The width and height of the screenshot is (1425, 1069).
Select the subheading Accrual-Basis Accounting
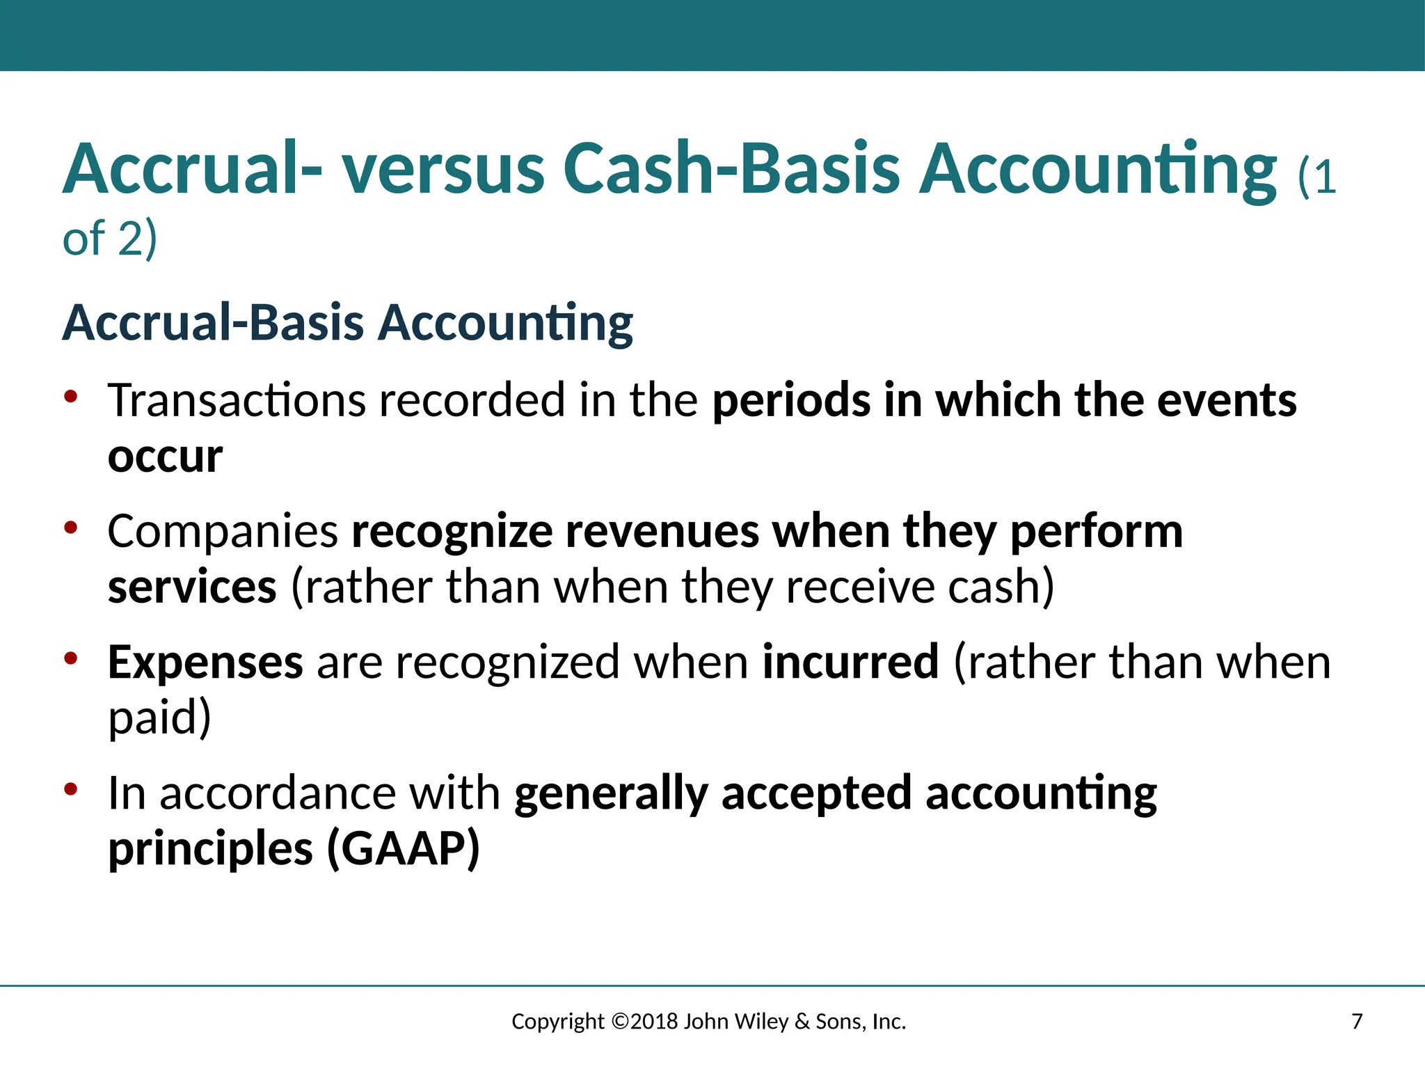click(347, 323)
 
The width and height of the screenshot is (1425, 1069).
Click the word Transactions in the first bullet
click(237, 401)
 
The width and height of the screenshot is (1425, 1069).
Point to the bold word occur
click(165, 457)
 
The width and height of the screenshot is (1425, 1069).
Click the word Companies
click(223, 532)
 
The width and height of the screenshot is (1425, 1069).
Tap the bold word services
click(192, 587)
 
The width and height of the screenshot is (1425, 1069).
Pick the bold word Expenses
click(205, 662)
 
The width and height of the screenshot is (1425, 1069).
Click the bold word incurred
click(850, 662)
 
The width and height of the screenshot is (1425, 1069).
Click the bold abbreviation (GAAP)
click(404, 848)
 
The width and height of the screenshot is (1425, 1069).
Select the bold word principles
click(210, 850)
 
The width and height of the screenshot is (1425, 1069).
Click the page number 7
click(1356, 1022)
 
